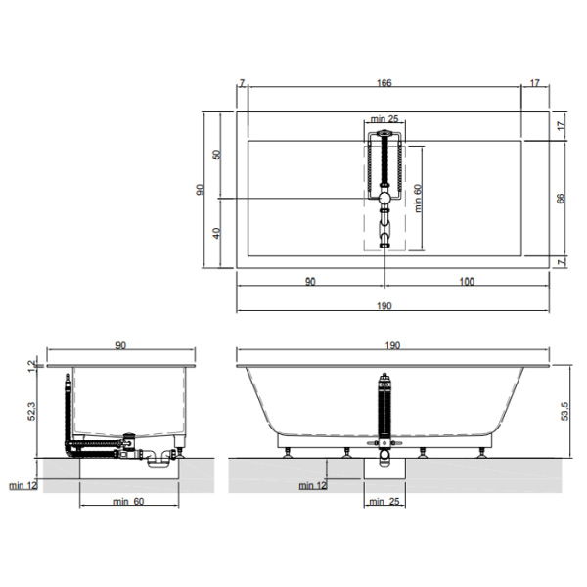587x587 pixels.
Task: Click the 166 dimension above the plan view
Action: [384, 83]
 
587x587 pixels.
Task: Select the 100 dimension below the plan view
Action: [467, 281]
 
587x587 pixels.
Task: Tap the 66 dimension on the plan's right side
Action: [561, 199]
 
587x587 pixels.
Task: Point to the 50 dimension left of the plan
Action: [216, 155]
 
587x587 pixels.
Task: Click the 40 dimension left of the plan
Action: [216, 233]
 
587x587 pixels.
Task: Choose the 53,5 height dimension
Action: [564, 411]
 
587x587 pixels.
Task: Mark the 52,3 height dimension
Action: [32, 411]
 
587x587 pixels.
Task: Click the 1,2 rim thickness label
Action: [33, 366]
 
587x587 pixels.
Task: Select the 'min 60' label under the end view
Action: [129, 501]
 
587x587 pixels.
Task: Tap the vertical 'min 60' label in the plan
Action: [418, 199]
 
